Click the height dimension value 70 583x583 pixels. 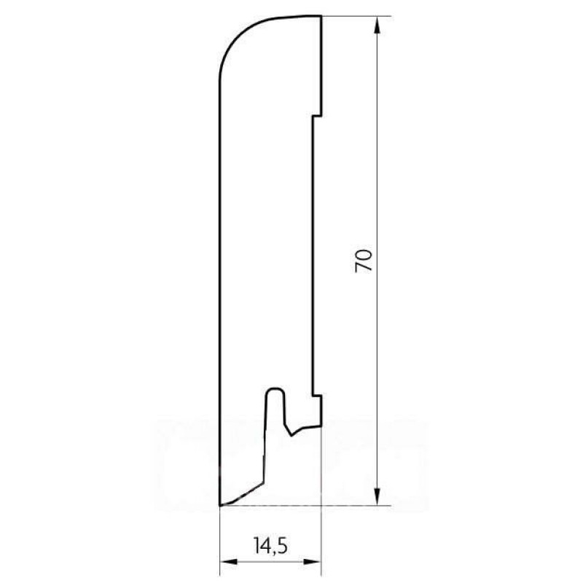pos(364,261)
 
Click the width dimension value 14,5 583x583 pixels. pos(271,545)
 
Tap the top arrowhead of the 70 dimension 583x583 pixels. pos(377,26)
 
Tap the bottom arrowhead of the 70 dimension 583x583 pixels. pos(377,496)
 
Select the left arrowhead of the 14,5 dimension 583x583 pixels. pos(230,561)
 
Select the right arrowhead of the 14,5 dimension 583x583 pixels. pos(312,561)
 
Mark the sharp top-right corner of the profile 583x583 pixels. pos(321,16)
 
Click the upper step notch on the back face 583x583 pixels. pos(317,116)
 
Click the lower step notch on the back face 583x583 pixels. pos(317,394)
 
